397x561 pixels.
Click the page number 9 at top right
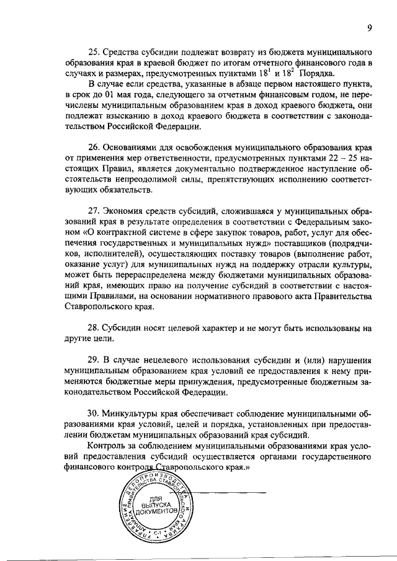point(369,27)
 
